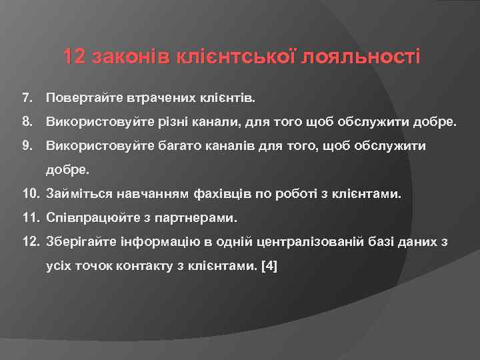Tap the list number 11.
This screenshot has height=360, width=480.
[30, 217]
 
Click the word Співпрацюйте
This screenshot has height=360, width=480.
[94, 218]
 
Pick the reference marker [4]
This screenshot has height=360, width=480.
[270, 266]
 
